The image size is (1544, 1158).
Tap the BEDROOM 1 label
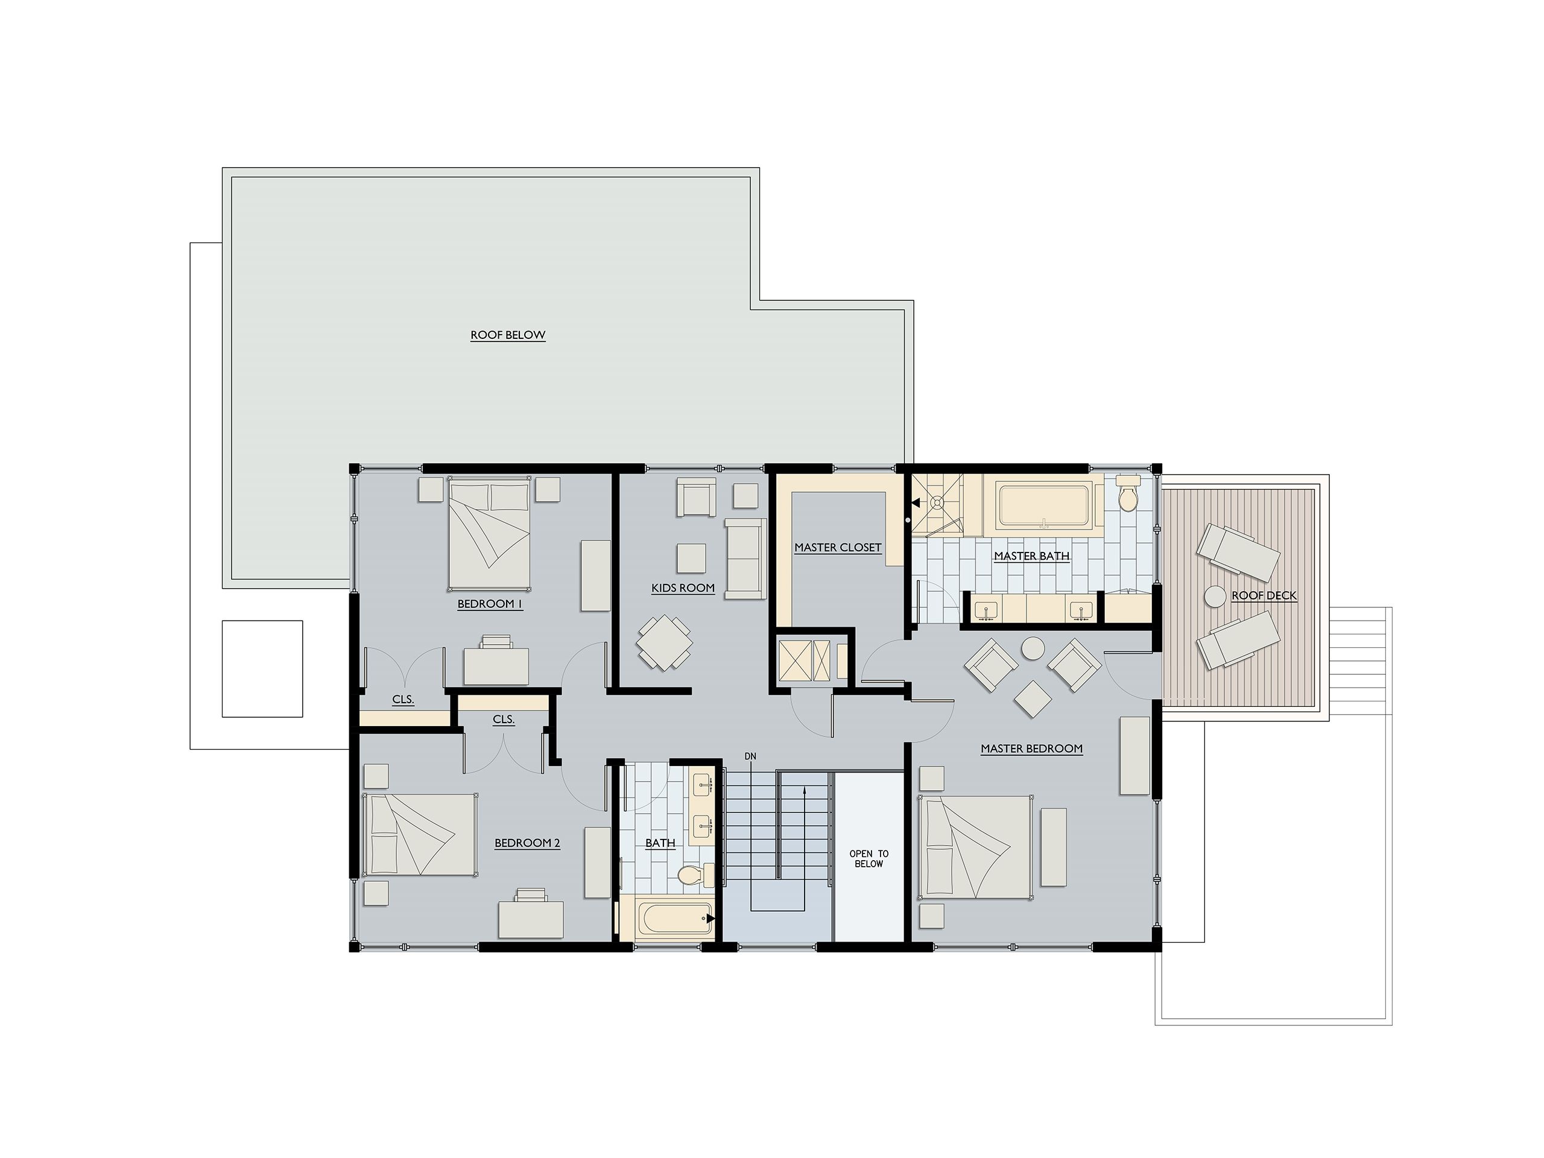pos(490,604)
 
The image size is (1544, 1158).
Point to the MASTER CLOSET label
pos(838,548)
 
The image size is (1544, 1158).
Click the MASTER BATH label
pos(1032,556)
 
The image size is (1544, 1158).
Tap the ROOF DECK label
pos(1264,595)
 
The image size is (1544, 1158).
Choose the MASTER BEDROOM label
pos(1032,749)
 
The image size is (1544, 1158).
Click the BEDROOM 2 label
pos(527,843)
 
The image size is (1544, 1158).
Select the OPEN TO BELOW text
pos(869,859)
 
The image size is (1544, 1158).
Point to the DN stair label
pos(750,756)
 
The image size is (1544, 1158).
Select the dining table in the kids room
pos(665,642)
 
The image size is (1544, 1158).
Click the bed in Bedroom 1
pos(489,533)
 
